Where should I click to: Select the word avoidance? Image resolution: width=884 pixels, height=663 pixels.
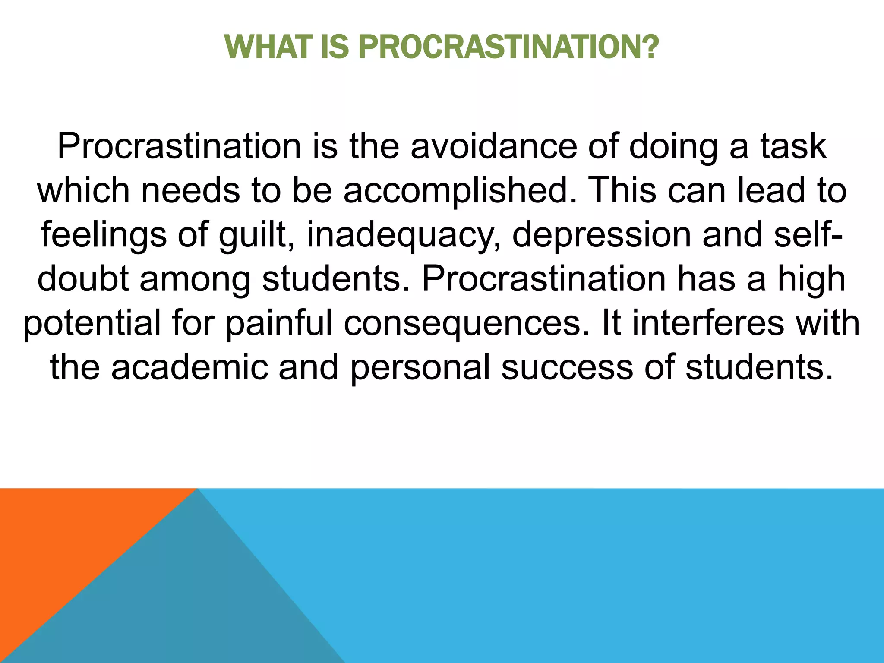pos(493,146)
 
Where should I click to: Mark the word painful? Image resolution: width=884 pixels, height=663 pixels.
pos(279,324)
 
